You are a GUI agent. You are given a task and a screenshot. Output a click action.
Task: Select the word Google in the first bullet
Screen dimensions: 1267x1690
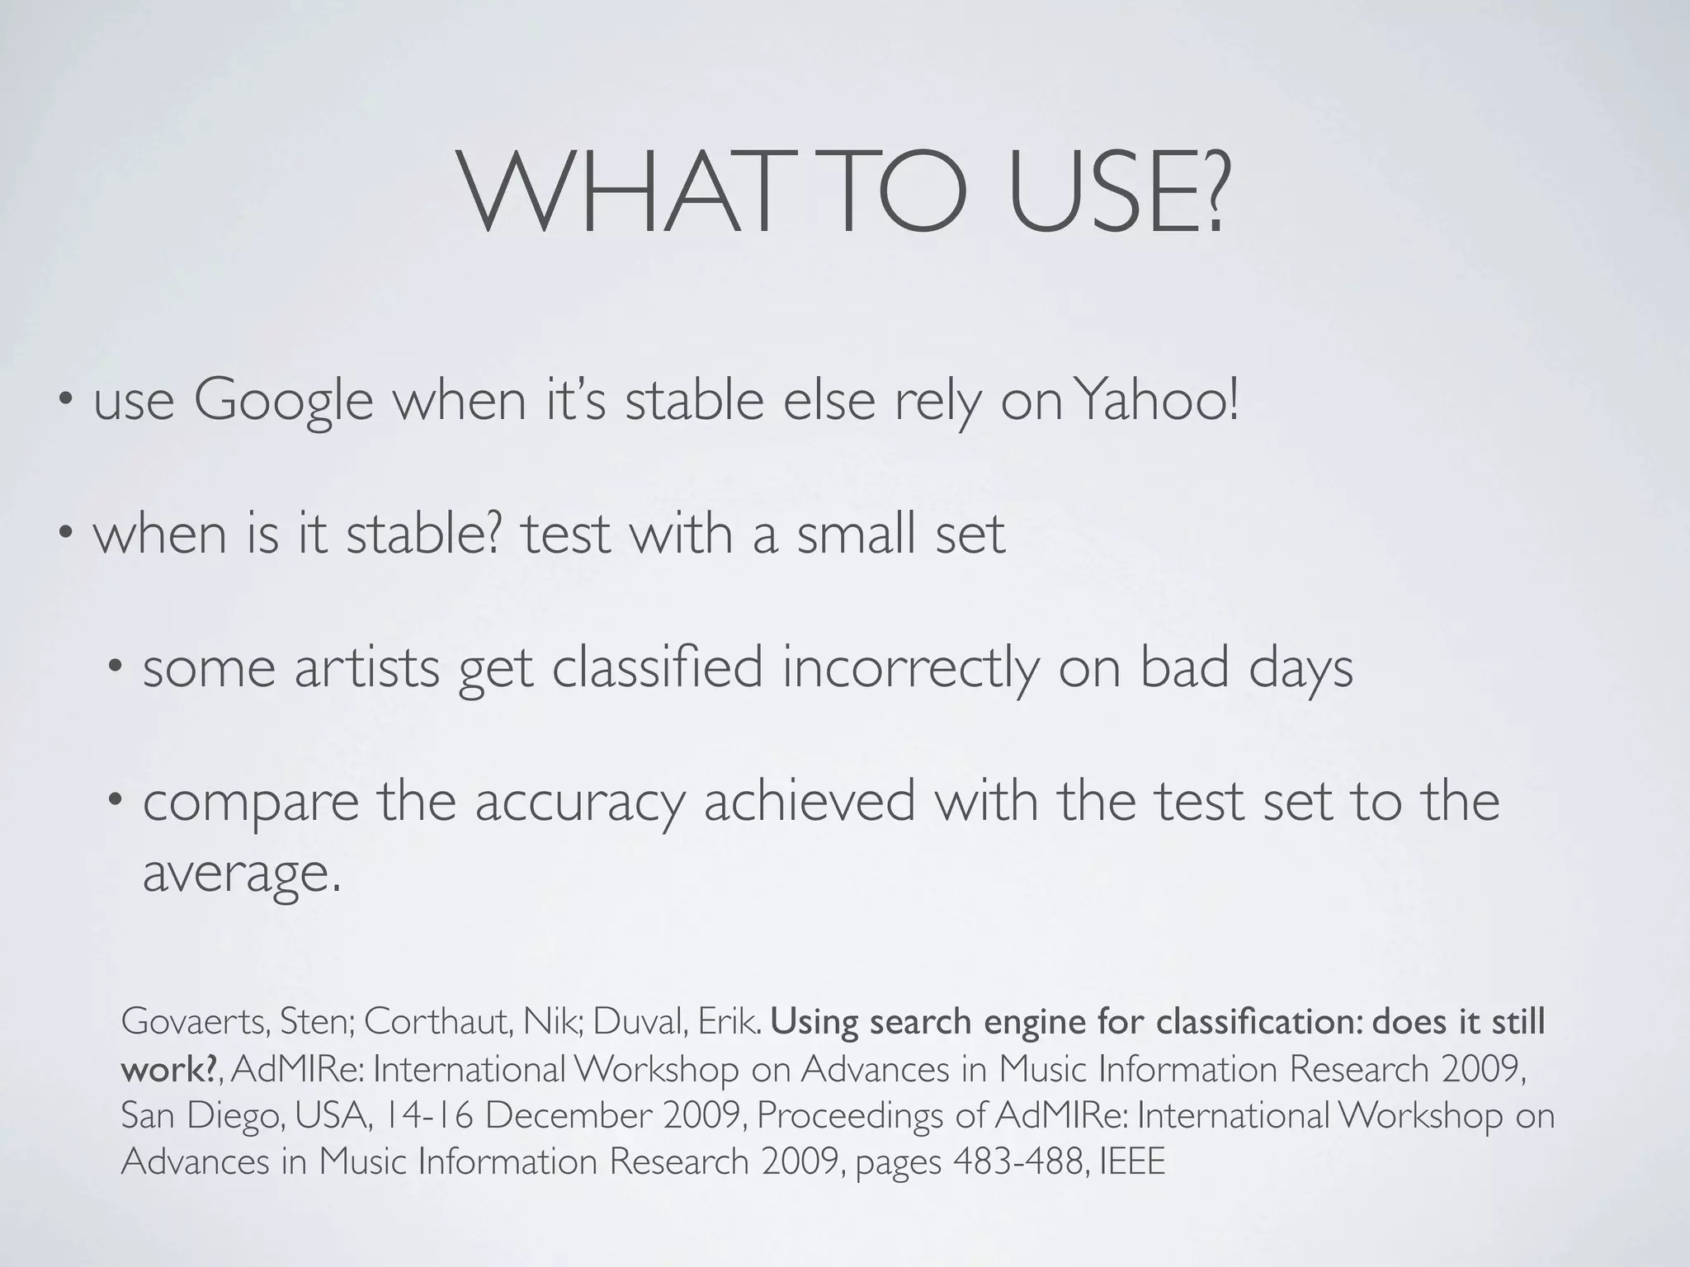[x=283, y=402]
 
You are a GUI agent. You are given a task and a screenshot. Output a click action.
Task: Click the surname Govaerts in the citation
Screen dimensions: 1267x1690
[x=195, y=1022]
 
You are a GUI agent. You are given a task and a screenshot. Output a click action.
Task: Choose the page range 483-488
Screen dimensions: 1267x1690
[x=1017, y=1162]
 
